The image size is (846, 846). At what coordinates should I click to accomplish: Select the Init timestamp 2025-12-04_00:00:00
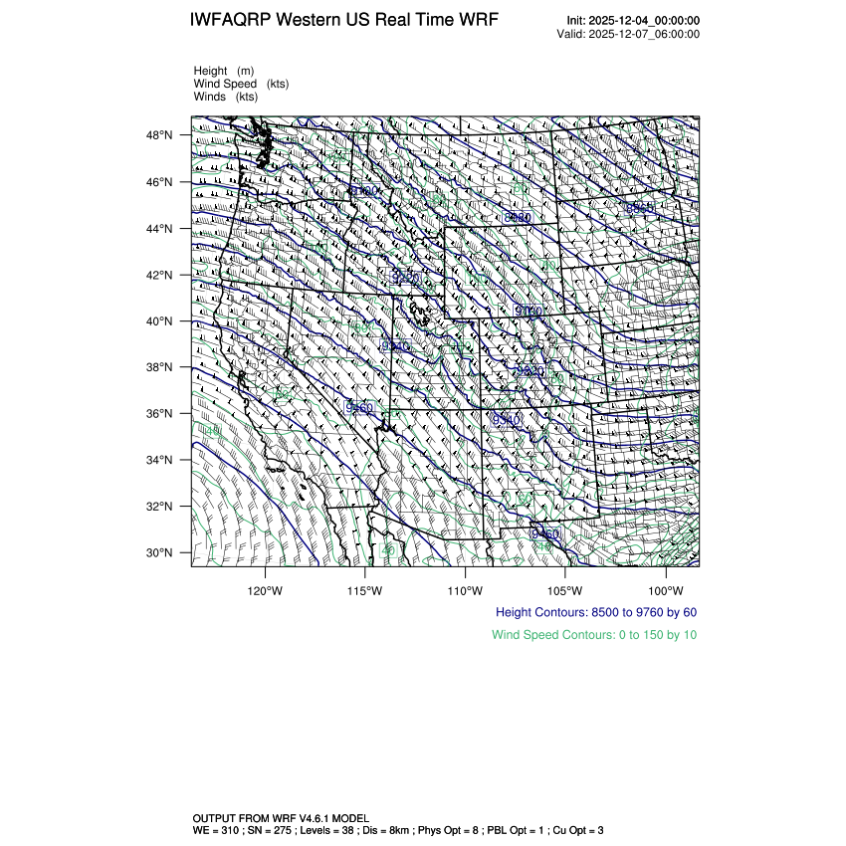pyautogui.click(x=646, y=21)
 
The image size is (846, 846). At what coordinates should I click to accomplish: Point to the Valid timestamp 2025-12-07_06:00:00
pyautogui.click(x=646, y=34)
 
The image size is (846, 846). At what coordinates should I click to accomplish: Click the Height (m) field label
pyautogui.click(x=224, y=71)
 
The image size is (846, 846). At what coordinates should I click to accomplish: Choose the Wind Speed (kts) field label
pyautogui.click(x=241, y=84)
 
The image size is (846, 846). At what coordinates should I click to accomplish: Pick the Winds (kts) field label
pyautogui.click(x=225, y=97)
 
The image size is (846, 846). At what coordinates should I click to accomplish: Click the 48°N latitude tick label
pyautogui.click(x=159, y=135)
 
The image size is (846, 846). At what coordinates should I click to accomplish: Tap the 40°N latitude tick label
pyautogui.click(x=159, y=321)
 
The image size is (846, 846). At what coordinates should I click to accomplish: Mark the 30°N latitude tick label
pyautogui.click(x=159, y=553)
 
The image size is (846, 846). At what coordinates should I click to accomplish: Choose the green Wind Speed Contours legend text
pyautogui.click(x=593, y=634)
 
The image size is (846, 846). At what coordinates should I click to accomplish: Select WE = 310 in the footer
pyautogui.click(x=216, y=829)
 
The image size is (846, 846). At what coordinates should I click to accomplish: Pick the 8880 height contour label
pyautogui.click(x=519, y=217)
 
